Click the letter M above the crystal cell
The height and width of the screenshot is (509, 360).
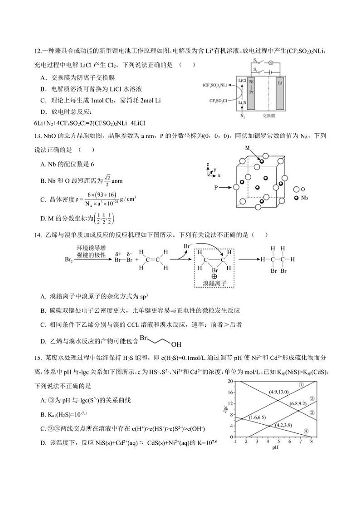pyautogui.click(x=248, y=148)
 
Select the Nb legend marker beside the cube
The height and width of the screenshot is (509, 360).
pyautogui.click(x=297, y=199)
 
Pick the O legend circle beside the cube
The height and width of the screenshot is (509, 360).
pyautogui.click(x=297, y=189)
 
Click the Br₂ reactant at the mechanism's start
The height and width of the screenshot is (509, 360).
pyautogui.click(x=69, y=260)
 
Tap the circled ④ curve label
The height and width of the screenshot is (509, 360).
pyautogui.click(x=306, y=431)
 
